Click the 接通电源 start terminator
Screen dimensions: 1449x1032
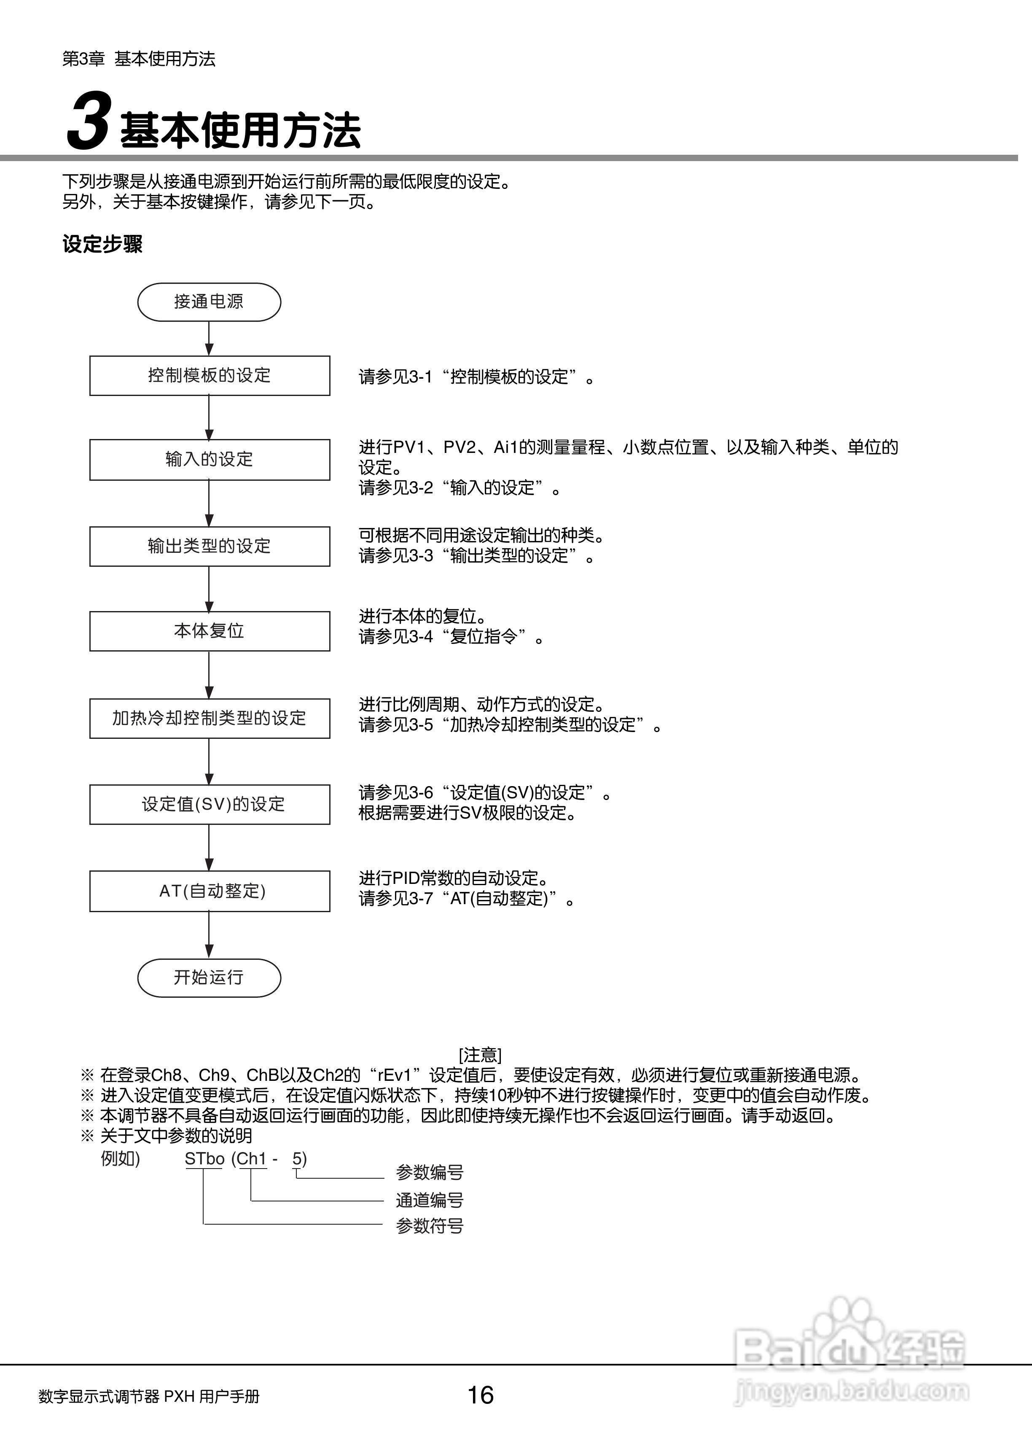pyautogui.click(x=209, y=302)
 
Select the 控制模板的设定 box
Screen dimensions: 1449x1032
pyautogui.click(x=210, y=376)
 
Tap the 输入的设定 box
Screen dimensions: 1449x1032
pyautogui.click(x=210, y=460)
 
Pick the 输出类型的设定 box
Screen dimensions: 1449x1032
pyautogui.click(x=210, y=546)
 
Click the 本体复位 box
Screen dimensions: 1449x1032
pyautogui.click(x=210, y=631)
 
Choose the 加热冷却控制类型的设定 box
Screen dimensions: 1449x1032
pyautogui.click(x=210, y=718)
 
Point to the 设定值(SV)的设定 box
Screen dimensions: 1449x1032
pyautogui.click(x=210, y=805)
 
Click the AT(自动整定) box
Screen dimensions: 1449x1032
pyautogui.click(x=210, y=891)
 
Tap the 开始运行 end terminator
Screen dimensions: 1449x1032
pyautogui.click(x=209, y=978)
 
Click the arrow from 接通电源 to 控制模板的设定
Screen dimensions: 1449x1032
pyautogui.click(x=209, y=339)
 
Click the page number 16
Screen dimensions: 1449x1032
pyautogui.click(x=481, y=1395)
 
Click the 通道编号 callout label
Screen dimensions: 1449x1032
pyautogui.click(x=430, y=1200)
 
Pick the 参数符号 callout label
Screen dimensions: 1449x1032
pyautogui.click(x=430, y=1226)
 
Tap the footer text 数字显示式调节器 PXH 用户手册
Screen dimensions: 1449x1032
pyautogui.click(x=149, y=1396)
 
